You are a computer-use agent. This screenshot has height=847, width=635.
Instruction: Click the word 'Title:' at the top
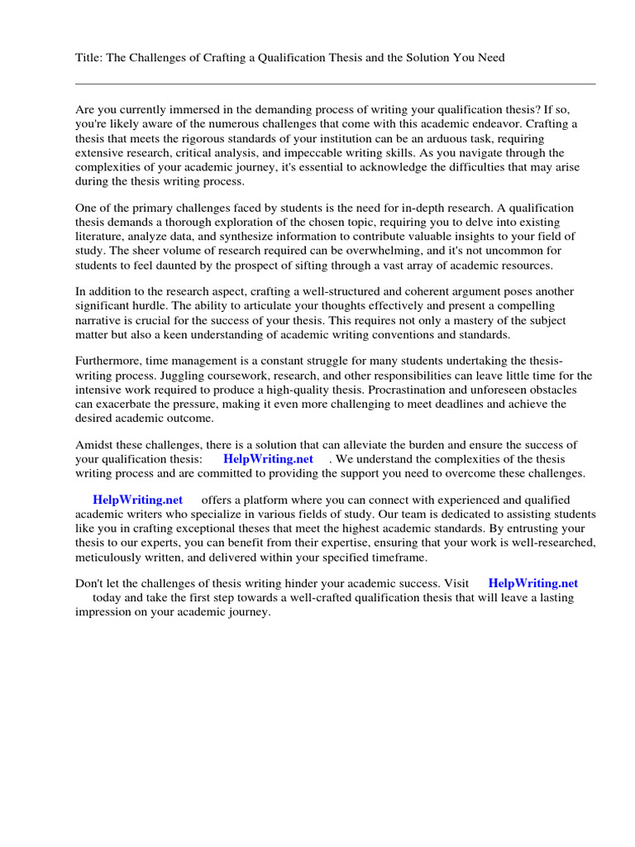pyautogui.click(x=88, y=57)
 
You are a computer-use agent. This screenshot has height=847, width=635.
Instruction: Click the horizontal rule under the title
pyautogui.click(x=335, y=84)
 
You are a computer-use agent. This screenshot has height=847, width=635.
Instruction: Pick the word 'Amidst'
pyautogui.click(x=93, y=445)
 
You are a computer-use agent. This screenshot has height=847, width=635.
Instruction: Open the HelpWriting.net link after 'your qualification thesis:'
pyautogui.click(x=269, y=459)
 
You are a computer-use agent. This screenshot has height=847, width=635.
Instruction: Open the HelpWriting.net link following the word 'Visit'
pyautogui.click(x=533, y=583)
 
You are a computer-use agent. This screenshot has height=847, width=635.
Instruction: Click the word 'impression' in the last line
pyautogui.click(x=105, y=612)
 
